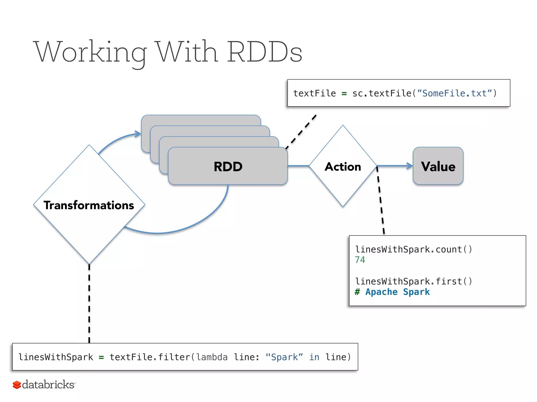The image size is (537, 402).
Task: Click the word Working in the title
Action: click(x=90, y=52)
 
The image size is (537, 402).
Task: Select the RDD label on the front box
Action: click(x=228, y=166)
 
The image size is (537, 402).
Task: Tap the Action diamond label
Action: click(x=343, y=167)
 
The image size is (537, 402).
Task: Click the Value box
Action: click(x=438, y=166)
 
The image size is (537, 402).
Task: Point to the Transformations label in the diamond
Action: click(x=89, y=205)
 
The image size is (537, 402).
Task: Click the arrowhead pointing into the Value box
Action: click(x=410, y=166)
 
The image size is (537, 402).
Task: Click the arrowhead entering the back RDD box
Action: click(x=138, y=134)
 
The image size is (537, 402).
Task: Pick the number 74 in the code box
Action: click(x=360, y=260)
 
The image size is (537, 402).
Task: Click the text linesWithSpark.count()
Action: click(x=414, y=249)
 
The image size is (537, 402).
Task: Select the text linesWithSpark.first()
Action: click(x=414, y=281)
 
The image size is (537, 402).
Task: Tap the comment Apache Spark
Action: click(x=397, y=292)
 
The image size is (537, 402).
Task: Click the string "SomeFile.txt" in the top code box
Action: click(x=454, y=93)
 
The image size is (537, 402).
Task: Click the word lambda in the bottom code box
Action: click(x=212, y=357)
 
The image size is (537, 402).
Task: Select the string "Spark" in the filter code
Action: click(x=284, y=357)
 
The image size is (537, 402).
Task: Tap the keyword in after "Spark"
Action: click(x=314, y=357)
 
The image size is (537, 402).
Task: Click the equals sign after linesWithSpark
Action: click(x=101, y=357)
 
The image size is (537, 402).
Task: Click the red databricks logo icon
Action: click(x=17, y=385)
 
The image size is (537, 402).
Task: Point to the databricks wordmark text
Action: click(x=49, y=384)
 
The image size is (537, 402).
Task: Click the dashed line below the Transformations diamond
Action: click(x=89, y=304)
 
